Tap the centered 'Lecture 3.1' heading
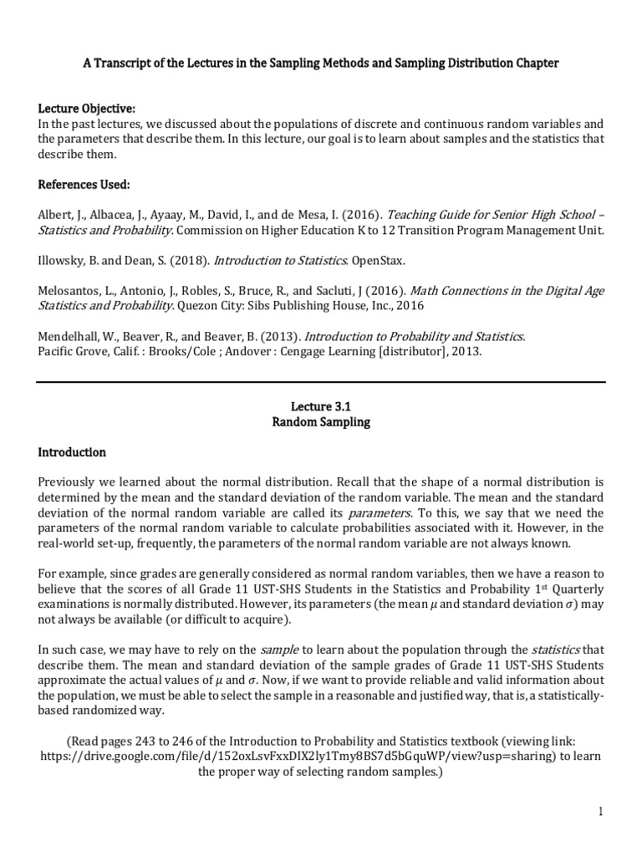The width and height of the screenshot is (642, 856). (320, 406)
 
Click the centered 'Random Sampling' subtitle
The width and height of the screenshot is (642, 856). (320, 422)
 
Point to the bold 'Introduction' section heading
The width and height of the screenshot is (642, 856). (73, 452)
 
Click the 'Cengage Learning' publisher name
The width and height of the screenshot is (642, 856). (326, 351)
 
